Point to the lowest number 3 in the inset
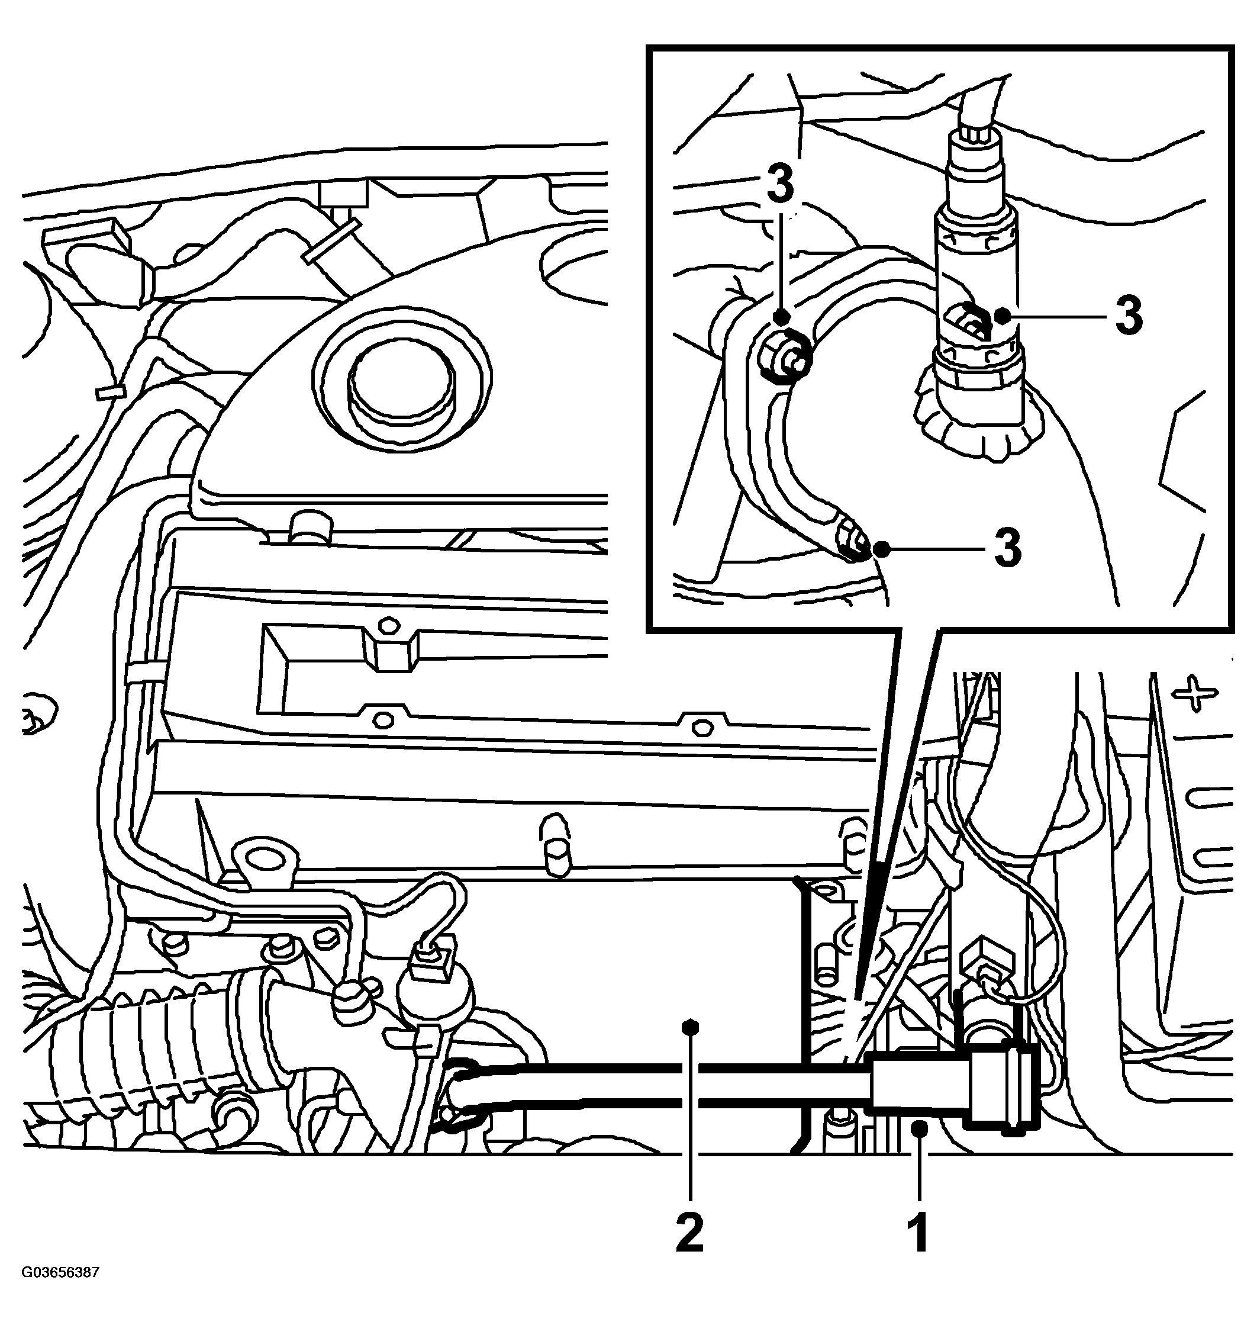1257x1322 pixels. click(x=1007, y=548)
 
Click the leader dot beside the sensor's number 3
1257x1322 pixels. click(x=1002, y=315)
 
